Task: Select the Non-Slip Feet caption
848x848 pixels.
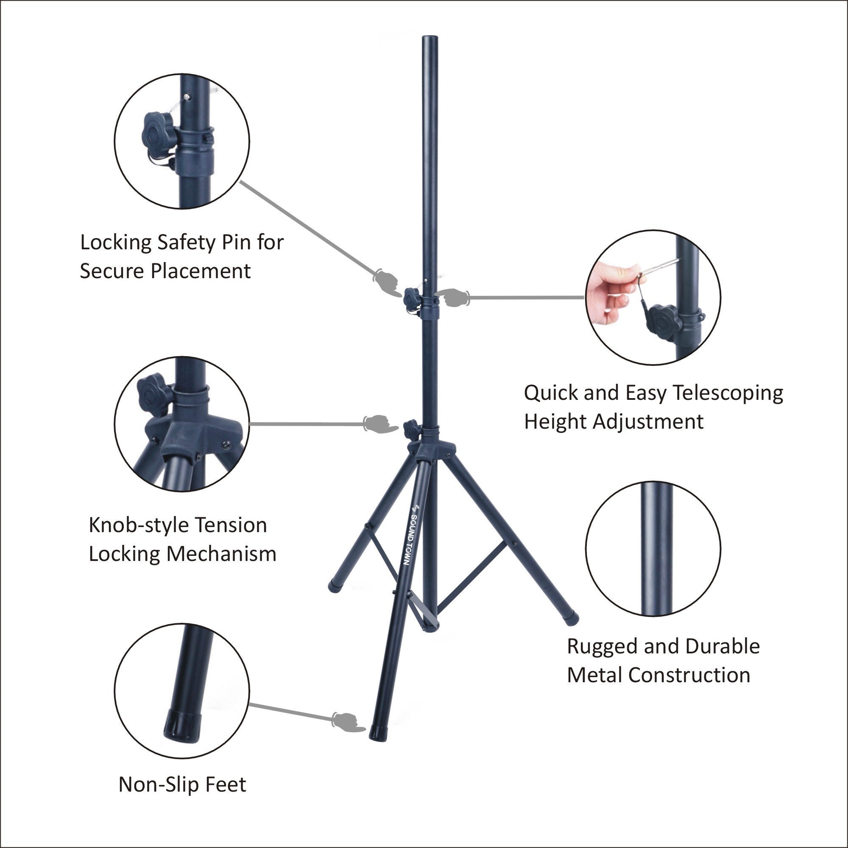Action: pyautogui.click(x=182, y=784)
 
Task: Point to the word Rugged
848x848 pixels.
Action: pyautogui.click(x=601, y=646)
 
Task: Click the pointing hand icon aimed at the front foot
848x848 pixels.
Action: pyautogui.click(x=349, y=721)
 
